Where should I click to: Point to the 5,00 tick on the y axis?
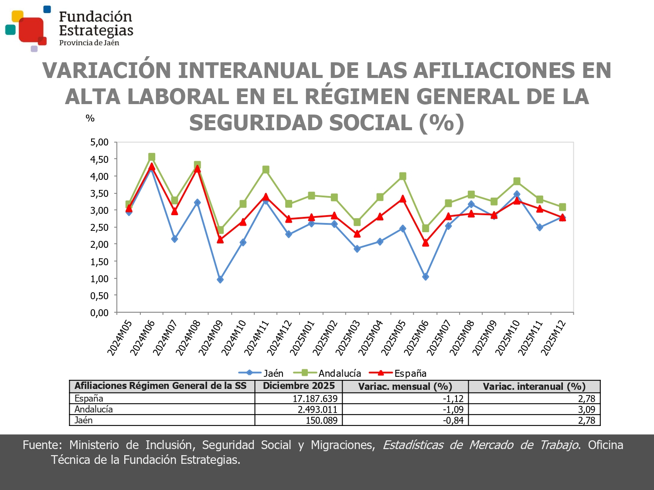(99, 142)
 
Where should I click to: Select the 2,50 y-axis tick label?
(99, 227)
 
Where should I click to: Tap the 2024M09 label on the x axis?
(211, 338)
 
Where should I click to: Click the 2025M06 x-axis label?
(416, 338)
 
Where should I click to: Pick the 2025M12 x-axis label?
(553, 338)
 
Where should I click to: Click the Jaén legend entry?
(262, 373)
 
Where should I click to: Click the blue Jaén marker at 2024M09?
(220, 280)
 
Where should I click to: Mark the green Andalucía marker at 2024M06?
(152, 157)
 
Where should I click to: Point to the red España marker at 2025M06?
(426, 243)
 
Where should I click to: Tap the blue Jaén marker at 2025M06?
(426, 277)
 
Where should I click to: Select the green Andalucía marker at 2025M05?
(403, 176)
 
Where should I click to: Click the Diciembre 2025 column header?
(299, 386)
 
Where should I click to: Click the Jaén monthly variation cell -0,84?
(453, 420)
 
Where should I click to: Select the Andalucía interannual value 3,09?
(586, 409)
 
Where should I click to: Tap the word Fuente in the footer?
(42, 445)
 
